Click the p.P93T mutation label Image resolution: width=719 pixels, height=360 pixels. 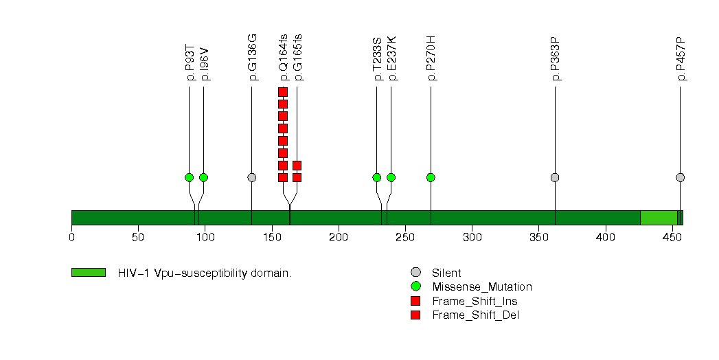click(x=190, y=63)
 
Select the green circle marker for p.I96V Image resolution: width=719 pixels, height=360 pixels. click(x=203, y=177)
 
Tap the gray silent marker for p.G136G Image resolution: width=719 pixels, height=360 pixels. click(x=252, y=177)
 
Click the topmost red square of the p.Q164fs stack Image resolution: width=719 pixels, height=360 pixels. click(x=283, y=92)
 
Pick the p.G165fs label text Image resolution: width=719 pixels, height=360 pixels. click(x=298, y=57)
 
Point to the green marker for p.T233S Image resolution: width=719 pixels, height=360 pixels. click(x=377, y=177)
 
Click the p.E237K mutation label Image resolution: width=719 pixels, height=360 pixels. click(x=391, y=58)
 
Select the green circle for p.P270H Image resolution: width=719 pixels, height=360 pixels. click(x=431, y=177)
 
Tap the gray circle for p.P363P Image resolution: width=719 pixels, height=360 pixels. click(x=555, y=177)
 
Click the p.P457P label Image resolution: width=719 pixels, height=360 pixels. click(x=681, y=58)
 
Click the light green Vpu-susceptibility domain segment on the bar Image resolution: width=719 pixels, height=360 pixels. click(x=659, y=218)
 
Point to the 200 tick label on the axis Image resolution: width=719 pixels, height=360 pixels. click(x=339, y=237)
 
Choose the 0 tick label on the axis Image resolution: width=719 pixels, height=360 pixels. click(x=71, y=237)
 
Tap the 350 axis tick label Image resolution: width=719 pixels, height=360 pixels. click(x=539, y=237)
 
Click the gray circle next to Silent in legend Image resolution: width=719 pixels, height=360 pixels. click(x=416, y=273)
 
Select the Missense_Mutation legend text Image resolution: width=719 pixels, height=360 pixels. click(x=482, y=287)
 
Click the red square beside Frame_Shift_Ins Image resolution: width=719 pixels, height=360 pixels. click(x=416, y=301)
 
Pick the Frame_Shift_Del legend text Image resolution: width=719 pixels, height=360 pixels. click(x=475, y=315)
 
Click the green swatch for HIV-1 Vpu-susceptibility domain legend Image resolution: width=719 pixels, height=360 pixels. click(x=89, y=273)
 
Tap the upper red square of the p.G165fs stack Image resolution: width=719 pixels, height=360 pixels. click(x=297, y=166)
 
